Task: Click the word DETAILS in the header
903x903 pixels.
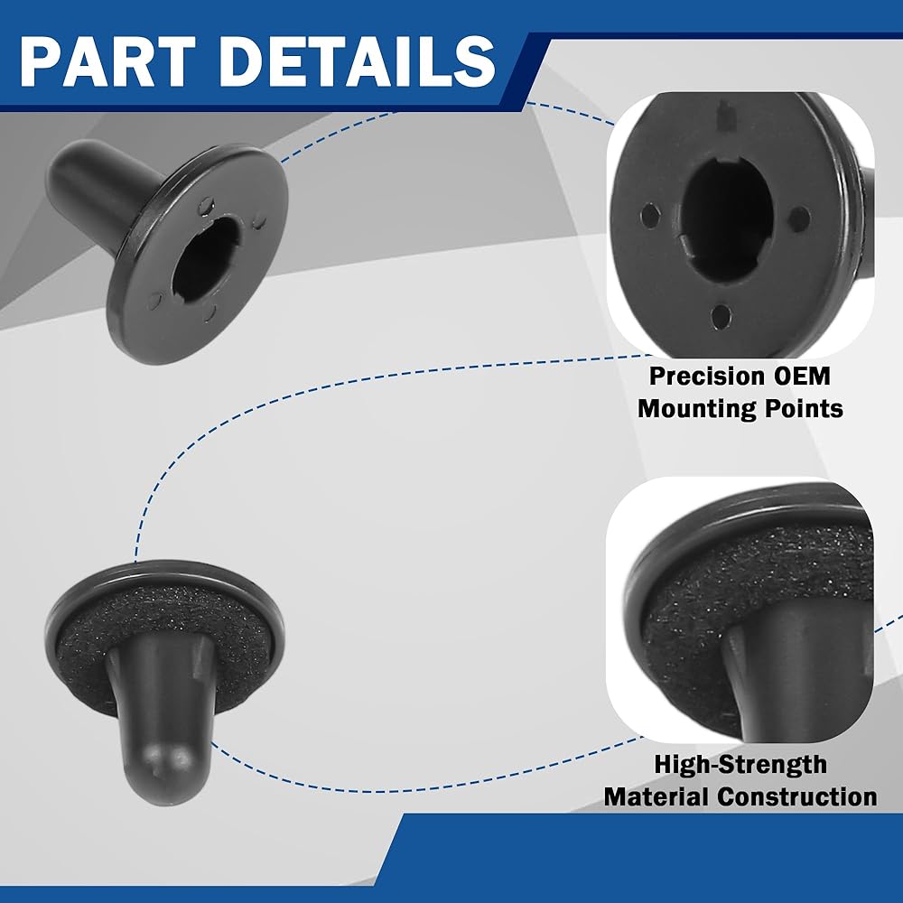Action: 358,61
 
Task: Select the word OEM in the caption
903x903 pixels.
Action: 802,376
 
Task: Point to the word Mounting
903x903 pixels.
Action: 697,409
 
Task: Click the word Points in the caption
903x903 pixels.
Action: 804,408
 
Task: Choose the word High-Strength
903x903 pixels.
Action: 740,765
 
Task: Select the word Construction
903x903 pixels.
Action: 797,797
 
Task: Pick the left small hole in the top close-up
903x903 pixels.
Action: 650,216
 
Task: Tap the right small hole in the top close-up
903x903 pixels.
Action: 799,219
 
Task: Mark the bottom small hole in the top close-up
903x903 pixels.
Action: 720,316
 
